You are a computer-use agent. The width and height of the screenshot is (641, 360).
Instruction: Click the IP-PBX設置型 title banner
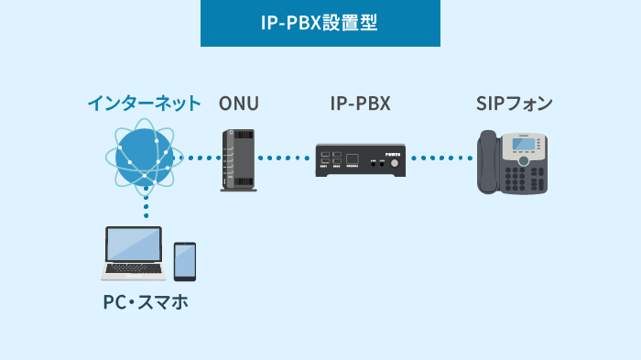tap(320, 23)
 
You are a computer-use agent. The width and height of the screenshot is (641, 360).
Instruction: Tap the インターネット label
tap(144, 103)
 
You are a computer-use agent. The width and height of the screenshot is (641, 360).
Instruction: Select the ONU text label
tap(239, 103)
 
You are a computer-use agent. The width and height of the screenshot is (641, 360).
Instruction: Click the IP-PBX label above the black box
tap(361, 103)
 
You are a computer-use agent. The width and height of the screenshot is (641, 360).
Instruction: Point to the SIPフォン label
tap(514, 103)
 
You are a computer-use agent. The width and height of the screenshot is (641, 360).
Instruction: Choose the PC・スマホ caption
tap(146, 301)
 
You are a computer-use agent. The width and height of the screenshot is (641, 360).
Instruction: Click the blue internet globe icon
tap(145, 157)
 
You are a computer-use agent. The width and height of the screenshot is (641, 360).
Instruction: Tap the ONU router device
tap(239, 159)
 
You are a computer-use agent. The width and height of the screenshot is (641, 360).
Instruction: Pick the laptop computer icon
tap(134, 253)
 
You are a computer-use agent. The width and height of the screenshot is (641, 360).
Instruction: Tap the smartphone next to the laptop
tap(185, 261)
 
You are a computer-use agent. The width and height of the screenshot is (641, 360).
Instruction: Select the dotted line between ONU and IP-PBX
tap(285, 158)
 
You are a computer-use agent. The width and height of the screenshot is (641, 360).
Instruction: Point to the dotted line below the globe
tap(146, 205)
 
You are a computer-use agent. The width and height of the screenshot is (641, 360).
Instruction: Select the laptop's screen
tap(134, 245)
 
